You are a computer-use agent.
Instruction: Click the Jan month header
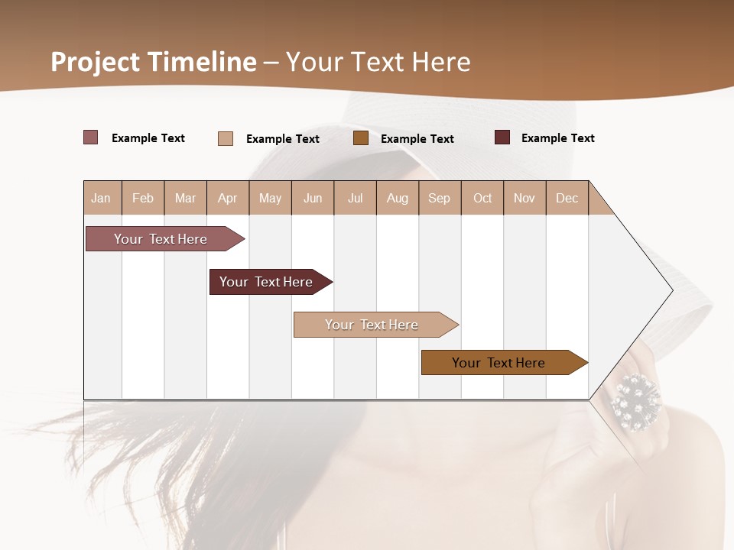coord(101,198)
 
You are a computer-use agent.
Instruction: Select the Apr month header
coord(227,198)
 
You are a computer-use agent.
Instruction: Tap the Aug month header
coord(397,198)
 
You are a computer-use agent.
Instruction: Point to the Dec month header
coord(567,198)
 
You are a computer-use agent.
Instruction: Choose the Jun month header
coord(313,198)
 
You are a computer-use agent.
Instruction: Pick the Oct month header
coord(482,198)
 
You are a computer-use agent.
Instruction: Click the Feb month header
coord(143,198)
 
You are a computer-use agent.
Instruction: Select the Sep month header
coord(439,198)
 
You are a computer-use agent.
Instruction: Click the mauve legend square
coord(90,137)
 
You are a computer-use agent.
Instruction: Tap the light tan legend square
coord(225,138)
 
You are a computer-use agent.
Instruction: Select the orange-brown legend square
coord(361,137)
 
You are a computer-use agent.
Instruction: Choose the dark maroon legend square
coord(502,137)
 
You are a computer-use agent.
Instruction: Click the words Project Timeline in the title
coord(154,62)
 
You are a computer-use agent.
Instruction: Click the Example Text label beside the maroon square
coord(557,138)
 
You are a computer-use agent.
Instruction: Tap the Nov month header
coord(525,198)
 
